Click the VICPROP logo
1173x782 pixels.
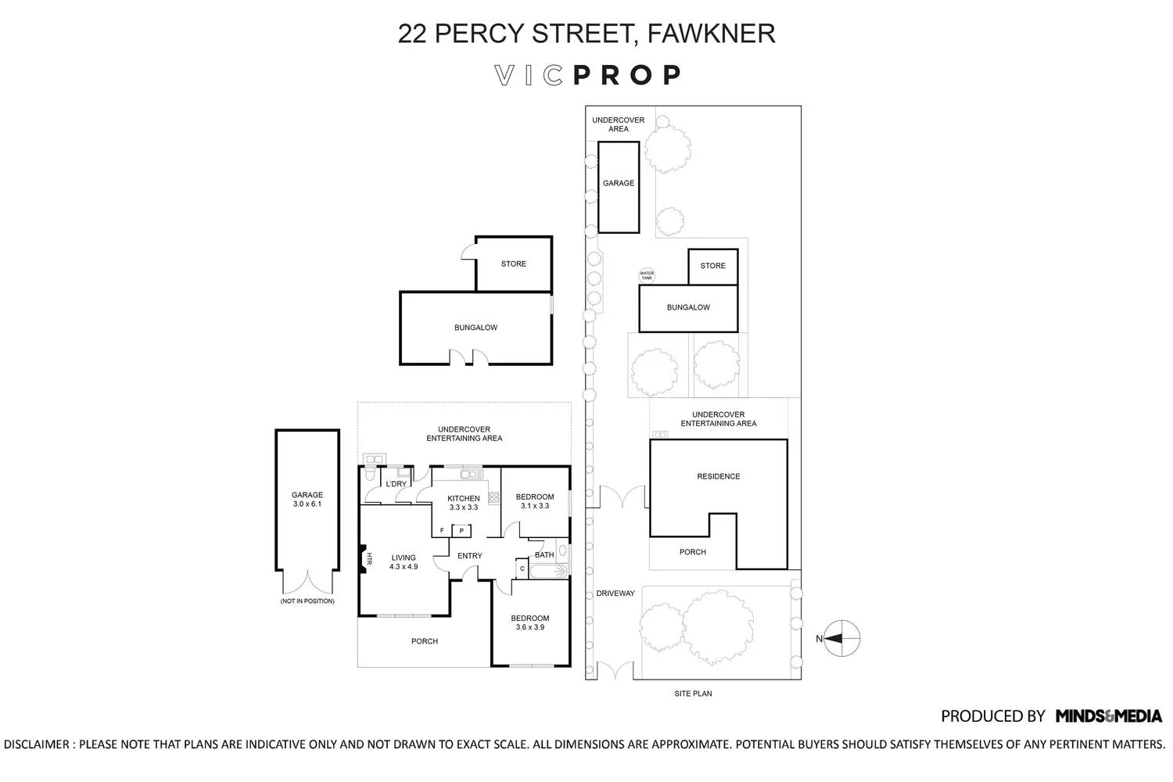[587, 75]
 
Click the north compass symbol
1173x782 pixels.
[841, 638]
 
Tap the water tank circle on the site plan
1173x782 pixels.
[647, 275]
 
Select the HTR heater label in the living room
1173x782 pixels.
[368, 559]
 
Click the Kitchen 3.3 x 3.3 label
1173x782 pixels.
[464, 503]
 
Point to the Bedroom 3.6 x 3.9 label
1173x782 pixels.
[530, 622]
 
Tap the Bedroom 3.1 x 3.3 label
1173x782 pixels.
[535, 501]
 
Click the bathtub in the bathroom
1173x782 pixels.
[549, 571]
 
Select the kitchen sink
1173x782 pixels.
[472, 475]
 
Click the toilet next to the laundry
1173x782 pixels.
[370, 473]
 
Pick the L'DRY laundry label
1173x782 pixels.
[396, 484]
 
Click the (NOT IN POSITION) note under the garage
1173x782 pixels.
[307, 601]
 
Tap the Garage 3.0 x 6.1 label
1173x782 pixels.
[307, 499]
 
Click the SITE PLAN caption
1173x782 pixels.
[693, 694]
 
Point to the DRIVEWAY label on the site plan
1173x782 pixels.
[615, 594]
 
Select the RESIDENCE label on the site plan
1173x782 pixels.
[719, 476]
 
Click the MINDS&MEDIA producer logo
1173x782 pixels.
[1109, 716]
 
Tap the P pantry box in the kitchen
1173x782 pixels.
[461, 530]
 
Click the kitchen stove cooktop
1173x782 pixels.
[493, 497]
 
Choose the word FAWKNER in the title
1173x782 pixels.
[711, 34]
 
